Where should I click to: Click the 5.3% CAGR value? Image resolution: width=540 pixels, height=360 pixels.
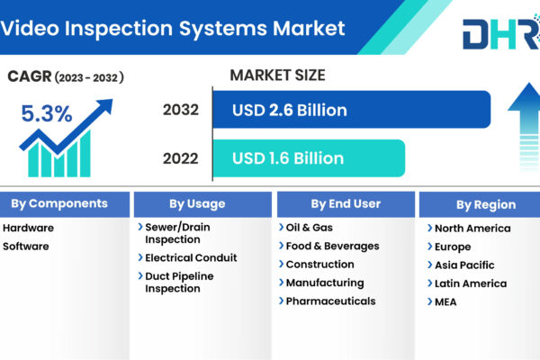47,113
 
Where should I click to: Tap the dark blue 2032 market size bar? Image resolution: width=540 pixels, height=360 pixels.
352,110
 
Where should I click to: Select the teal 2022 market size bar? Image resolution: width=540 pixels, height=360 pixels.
309,158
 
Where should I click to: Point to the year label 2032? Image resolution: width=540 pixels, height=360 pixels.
181,110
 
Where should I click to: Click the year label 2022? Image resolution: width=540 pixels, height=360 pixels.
181,158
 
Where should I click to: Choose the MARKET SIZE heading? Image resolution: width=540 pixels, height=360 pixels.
277,75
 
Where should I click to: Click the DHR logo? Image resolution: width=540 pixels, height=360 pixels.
501,32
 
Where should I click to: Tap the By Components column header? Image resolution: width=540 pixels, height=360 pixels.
59,203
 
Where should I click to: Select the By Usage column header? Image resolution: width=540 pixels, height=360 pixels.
197,204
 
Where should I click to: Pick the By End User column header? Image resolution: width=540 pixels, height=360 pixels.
346,204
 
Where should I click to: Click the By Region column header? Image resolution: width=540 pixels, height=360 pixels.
486,204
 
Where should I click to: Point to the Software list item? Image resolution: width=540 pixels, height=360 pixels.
26,247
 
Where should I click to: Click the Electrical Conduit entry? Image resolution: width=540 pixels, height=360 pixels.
191,257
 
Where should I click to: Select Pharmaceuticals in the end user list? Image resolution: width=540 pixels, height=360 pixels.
330,301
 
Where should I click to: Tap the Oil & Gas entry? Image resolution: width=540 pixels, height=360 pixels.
310,228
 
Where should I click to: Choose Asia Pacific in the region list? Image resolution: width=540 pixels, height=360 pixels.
464,265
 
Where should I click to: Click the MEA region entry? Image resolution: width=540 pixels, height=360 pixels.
445,301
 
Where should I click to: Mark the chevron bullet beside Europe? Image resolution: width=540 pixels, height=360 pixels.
429,247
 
